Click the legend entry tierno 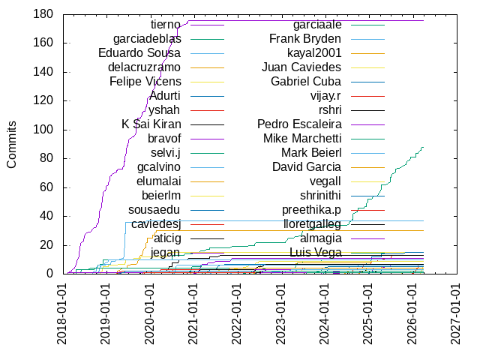160,25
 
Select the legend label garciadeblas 146,39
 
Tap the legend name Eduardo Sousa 139,53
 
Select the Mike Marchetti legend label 302,139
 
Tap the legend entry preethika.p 311,210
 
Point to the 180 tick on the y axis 42,14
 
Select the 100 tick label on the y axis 42,130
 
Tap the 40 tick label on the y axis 45,216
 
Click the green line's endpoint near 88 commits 424,147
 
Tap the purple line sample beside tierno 207,25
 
